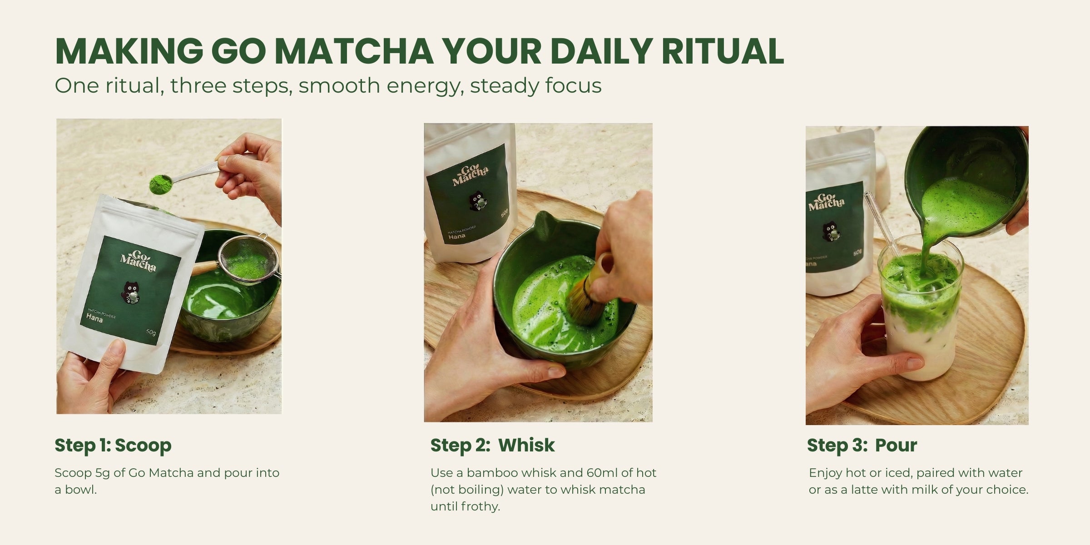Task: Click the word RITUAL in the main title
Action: (x=723, y=51)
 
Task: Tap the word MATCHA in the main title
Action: (x=354, y=51)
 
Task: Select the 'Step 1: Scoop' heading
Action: (x=113, y=446)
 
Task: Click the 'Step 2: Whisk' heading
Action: (x=492, y=446)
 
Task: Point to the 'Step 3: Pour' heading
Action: (x=862, y=446)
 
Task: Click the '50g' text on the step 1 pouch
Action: (x=151, y=332)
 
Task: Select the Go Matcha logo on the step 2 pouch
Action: (x=471, y=176)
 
